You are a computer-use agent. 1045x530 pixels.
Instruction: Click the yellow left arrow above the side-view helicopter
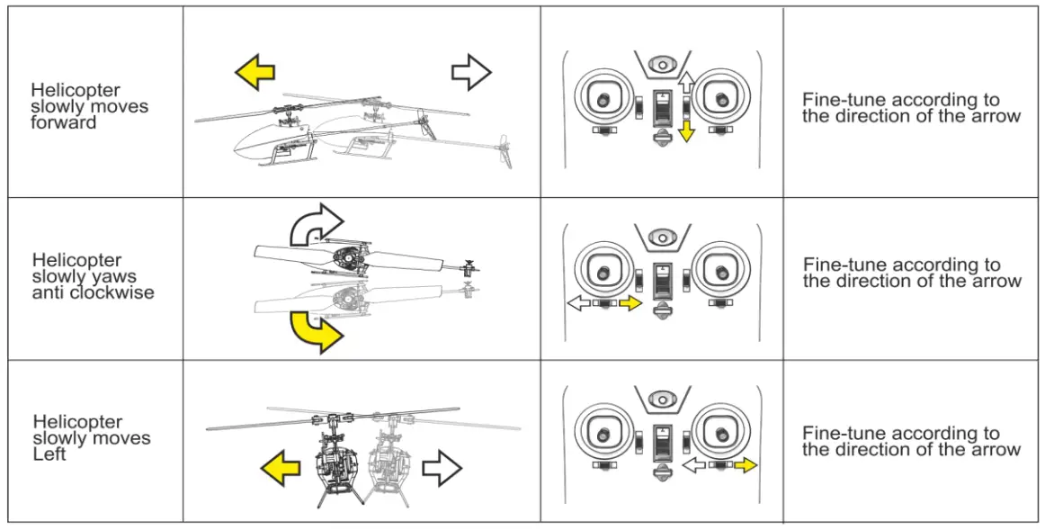[x=255, y=72]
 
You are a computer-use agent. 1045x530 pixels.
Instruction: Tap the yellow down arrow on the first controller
[x=687, y=130]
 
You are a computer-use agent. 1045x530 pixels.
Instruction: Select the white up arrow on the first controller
[x=685, y=85]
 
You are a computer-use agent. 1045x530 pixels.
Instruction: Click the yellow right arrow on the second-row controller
[x=630, y=305]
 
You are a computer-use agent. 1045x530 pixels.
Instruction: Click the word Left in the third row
[x=49, y=454]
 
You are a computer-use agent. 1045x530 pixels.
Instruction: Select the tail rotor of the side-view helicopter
[x=505, y=150]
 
